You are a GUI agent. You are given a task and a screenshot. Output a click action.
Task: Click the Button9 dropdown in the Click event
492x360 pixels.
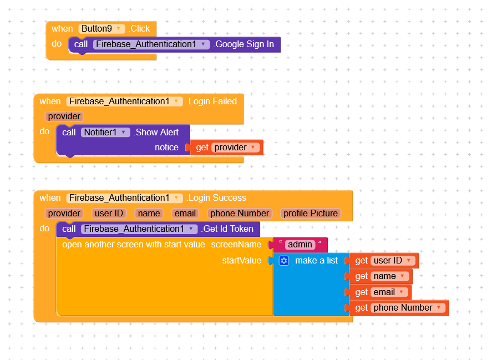(102, 28)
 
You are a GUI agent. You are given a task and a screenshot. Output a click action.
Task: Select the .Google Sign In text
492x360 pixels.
(244, 44)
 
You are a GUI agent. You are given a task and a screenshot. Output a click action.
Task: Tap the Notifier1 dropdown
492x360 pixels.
(106, 132)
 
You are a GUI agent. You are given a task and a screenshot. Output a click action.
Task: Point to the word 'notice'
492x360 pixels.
(166, 148)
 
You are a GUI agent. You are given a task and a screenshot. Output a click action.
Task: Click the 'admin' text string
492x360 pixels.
(300, 245)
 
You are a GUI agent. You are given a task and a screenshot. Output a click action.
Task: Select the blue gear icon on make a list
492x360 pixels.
(284, 261)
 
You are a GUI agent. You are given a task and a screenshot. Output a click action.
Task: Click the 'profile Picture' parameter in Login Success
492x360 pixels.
(310, 214)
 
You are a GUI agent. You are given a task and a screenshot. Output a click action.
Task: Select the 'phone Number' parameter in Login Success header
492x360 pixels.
(240, 214)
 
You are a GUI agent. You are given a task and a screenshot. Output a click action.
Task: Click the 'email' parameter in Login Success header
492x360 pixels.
(185, 214)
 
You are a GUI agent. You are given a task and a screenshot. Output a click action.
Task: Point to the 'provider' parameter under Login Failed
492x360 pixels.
(64, 116)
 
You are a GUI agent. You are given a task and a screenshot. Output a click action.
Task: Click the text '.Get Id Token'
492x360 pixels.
(229, 229)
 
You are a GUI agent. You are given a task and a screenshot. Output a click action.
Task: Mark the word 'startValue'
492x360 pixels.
(241, 261)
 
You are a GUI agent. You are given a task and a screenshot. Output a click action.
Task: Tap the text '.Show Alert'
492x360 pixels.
(158, 132)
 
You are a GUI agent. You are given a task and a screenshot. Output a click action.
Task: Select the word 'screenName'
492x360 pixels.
(236, 245)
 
